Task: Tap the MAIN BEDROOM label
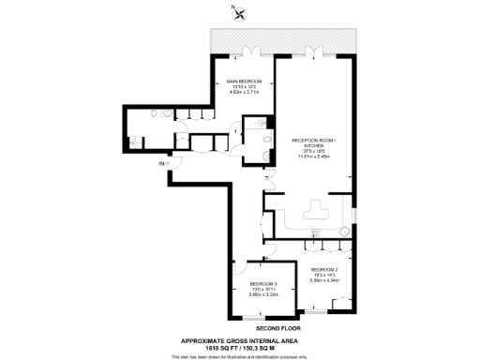pyautogui.click(x=243, y=82)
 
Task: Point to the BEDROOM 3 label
pyautogui.click(x=262, y=284)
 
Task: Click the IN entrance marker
pyautogui.click(x=161, y=165)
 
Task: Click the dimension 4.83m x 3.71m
pyautogui.click(x=243, y=95)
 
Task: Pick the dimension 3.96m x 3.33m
pyautogui.click(x=262, y=295)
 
